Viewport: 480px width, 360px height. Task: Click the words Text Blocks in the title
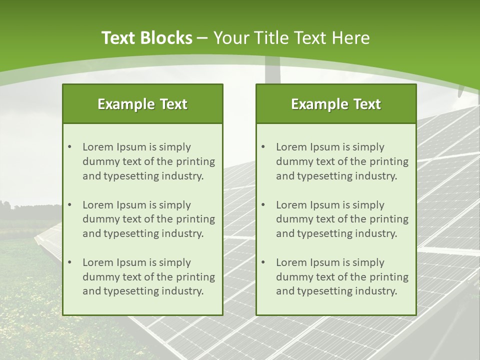[146, 38]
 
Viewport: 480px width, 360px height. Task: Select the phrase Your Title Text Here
[291, 38]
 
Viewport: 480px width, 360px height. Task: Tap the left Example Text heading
[142, 104]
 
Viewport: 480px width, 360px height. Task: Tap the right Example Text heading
[336, 104]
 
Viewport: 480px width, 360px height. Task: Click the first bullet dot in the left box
[70, 147]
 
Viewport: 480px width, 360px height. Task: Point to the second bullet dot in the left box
[70, 205]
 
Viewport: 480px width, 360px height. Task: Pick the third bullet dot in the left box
[70, 262]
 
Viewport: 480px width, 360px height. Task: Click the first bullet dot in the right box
[263, 147]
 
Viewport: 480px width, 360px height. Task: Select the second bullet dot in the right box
[263, 205]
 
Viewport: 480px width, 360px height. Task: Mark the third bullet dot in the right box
[263, 262]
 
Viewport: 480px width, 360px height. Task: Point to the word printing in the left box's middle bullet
[197, 219]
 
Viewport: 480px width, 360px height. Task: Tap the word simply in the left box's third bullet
[175, 262]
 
